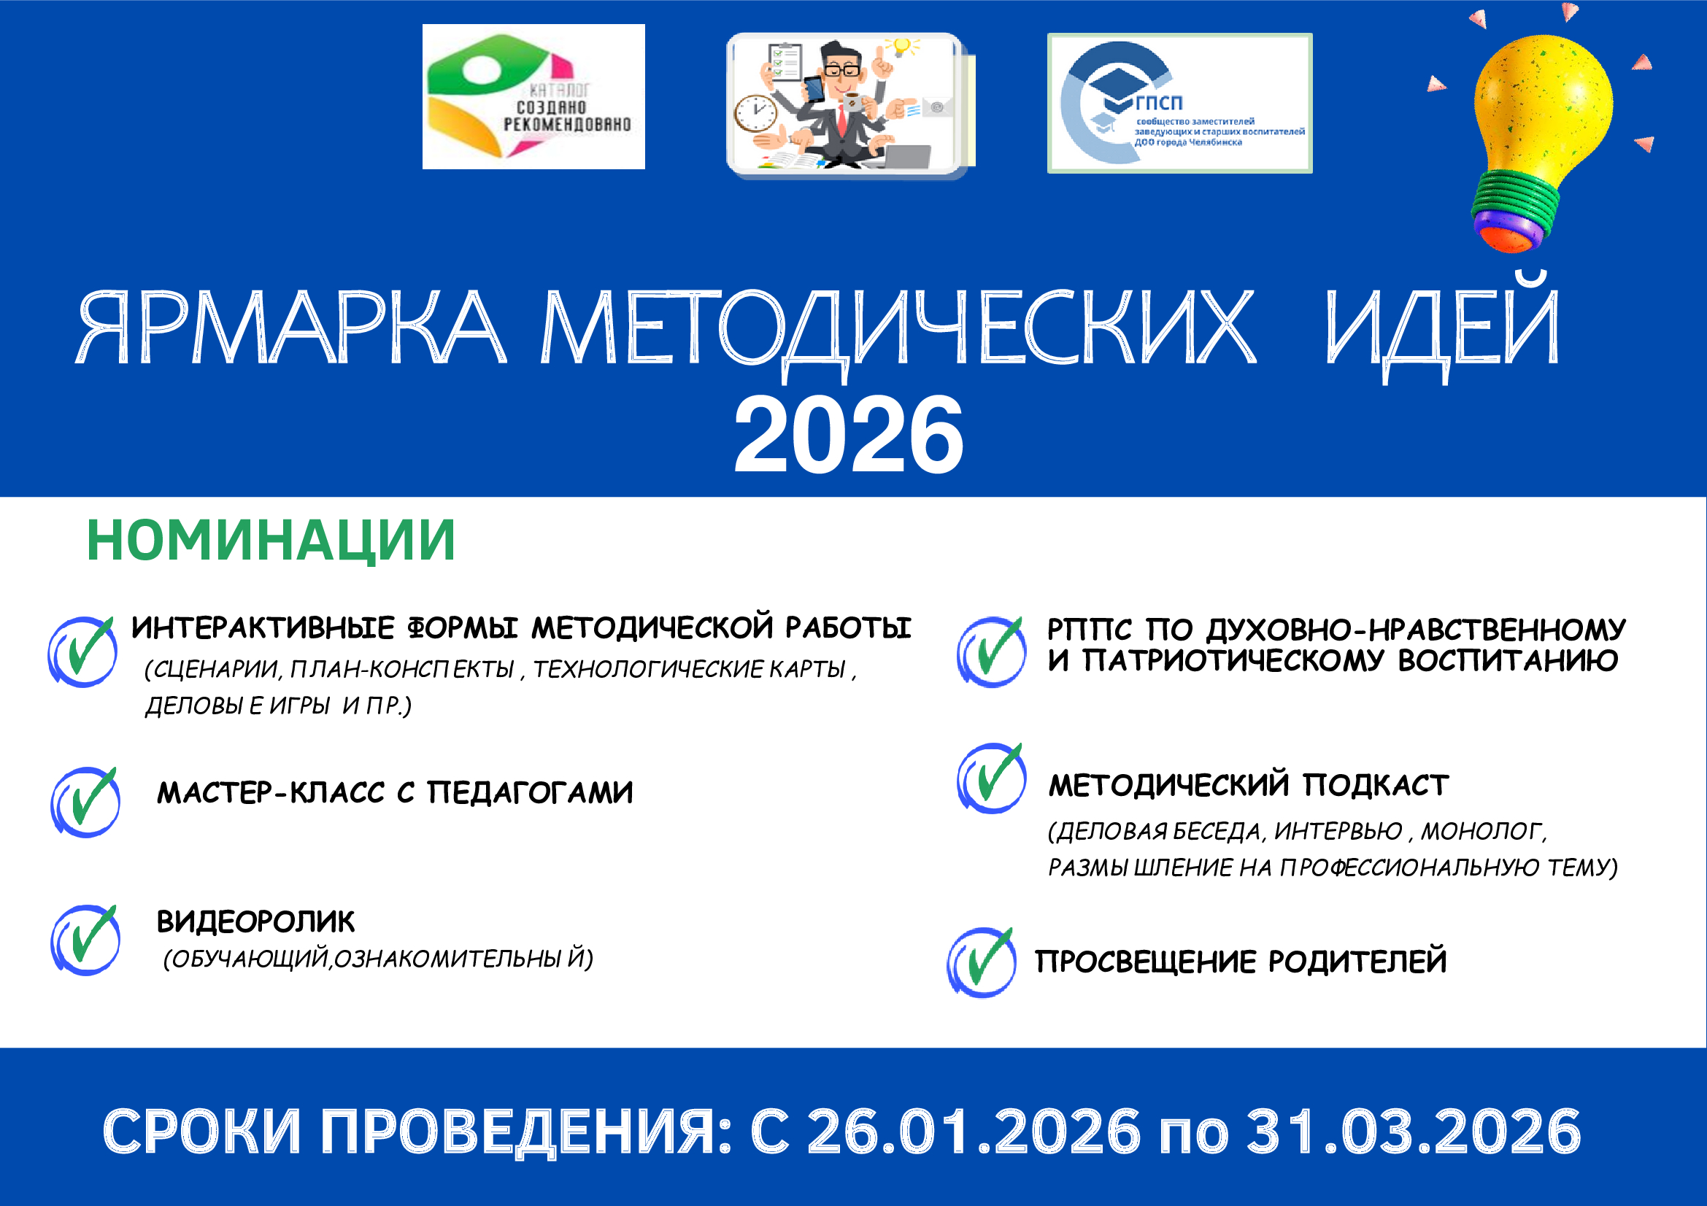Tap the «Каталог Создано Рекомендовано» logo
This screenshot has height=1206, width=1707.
click(533, 96)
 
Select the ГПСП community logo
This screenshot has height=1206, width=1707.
click(1179, 104)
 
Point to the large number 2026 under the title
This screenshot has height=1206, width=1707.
click(848, 436)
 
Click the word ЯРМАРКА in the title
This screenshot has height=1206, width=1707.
click(290, 328)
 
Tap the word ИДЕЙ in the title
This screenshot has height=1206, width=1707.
click(1442, 328)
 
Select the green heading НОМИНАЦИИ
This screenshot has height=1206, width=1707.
click(271, 541)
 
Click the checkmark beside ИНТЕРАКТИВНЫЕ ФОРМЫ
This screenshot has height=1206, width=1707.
click(82, 651)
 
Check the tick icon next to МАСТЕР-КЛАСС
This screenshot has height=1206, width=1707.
click(85, 802)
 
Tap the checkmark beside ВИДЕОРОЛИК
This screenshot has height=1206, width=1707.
click(85, 940)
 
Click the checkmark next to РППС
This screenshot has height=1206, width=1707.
click(992, 652)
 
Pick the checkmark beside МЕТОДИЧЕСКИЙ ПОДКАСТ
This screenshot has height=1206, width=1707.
click(992, 778)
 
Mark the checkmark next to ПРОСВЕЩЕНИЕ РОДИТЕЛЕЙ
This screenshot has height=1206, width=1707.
click(982, 962)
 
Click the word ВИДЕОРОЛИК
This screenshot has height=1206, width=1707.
click(255, 922)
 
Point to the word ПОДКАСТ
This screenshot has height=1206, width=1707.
click(1376, 786)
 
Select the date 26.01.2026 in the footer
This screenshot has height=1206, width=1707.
click(974, 1132)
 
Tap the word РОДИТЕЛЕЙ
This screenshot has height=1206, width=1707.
click(1357, 962)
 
